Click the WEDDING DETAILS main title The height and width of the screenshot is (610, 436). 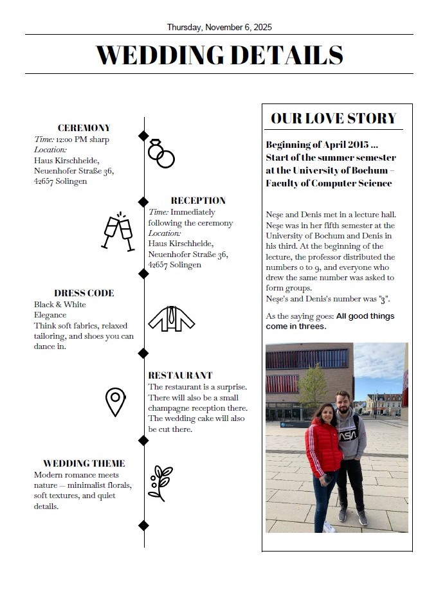(219, 55)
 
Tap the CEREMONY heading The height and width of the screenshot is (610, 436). (84, 128)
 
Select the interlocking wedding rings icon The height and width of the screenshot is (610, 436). (161, 153)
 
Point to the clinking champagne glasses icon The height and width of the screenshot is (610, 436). (118, 231)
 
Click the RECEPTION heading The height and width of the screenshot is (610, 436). (198, 201)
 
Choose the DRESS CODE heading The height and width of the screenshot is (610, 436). (84, 293)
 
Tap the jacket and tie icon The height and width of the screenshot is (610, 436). (171, 318)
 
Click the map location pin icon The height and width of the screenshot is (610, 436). (115, 402)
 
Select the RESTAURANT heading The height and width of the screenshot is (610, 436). (180, 375)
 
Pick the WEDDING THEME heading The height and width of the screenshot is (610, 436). (84, 463)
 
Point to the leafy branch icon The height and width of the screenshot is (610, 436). (159, 483)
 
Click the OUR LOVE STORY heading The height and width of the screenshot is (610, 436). (334, 118)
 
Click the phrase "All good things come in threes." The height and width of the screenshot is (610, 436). (330, 321)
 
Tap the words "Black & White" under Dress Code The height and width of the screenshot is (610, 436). (60, 305)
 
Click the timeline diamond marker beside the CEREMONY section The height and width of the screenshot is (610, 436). (143, 136)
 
